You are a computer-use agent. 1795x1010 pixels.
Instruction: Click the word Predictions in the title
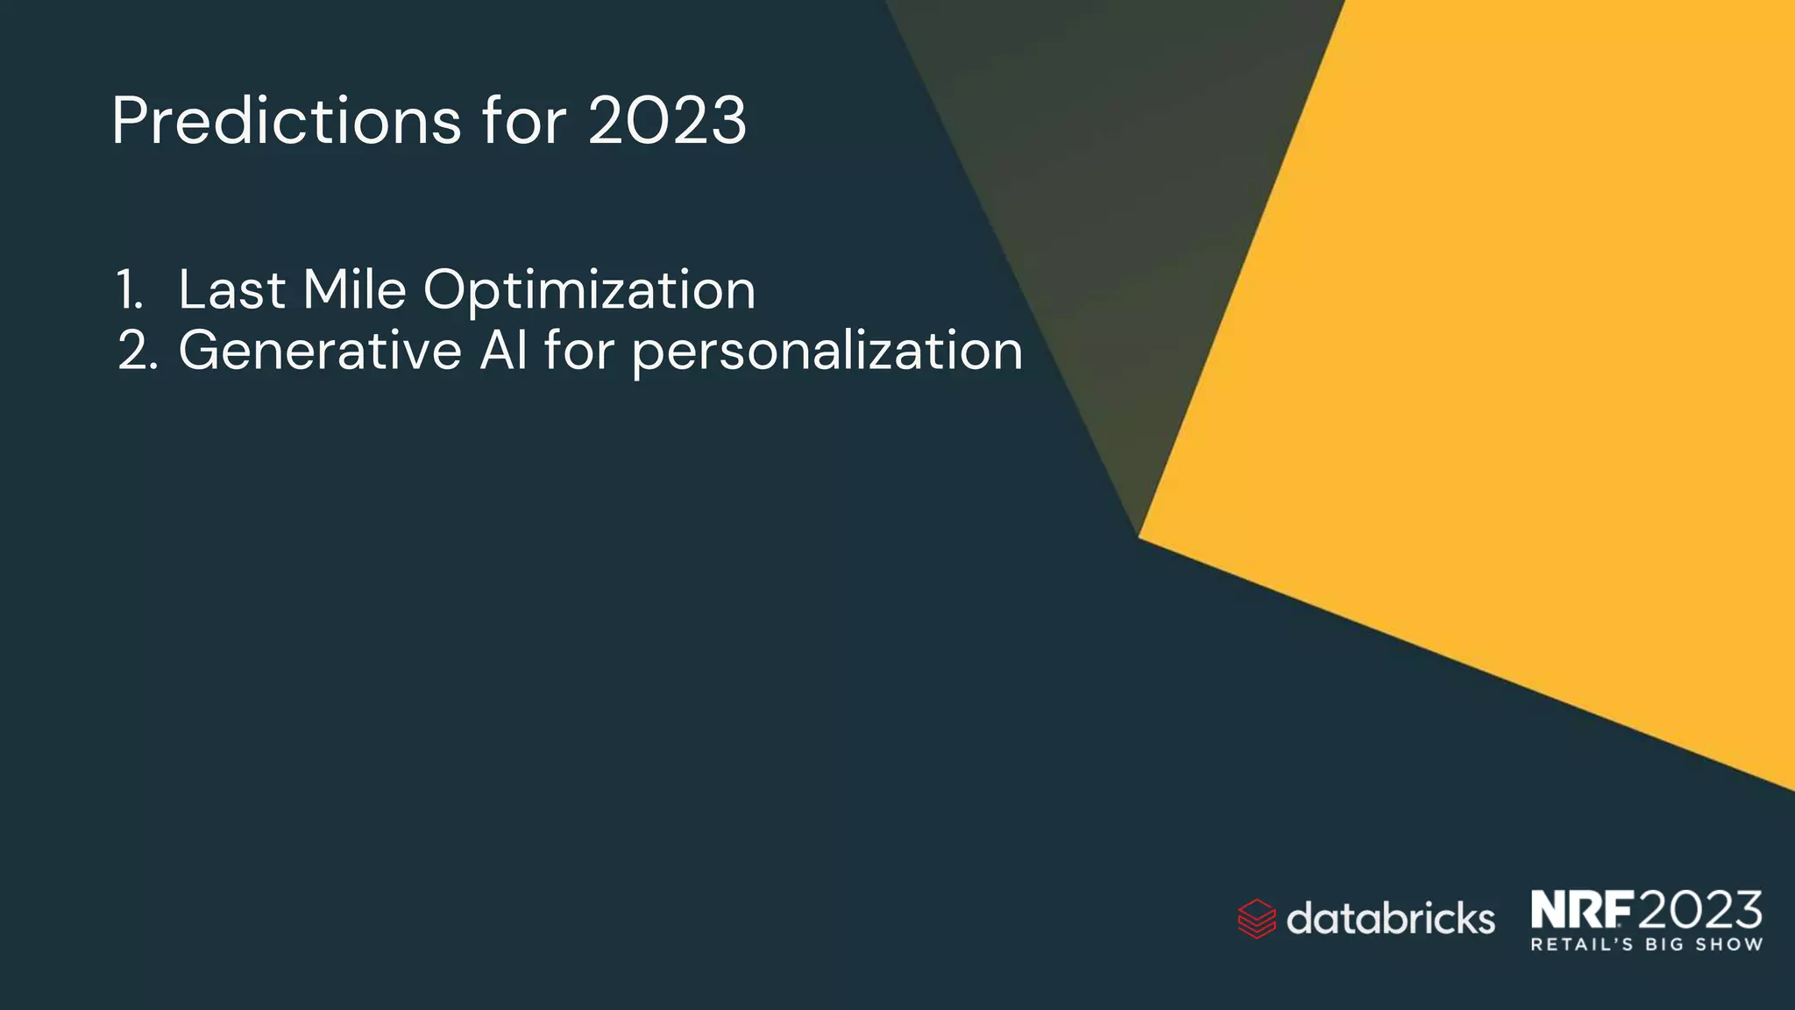[x=286, y=121]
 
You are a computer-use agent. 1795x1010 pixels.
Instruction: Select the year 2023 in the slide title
[x=667, y=121]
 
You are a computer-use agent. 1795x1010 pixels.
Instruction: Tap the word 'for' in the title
[x=523, y=121]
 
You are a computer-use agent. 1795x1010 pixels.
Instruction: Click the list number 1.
[x=129, y=290]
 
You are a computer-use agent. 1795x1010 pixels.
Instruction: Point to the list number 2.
[x=138, y=352]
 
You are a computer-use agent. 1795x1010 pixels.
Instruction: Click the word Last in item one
[x=231, y=290]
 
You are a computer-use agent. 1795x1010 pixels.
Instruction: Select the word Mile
[x=354, y=290]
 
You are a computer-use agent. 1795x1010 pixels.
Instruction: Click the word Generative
[x=320, y=352]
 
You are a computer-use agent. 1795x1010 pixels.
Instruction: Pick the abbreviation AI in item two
[x=503, y=352]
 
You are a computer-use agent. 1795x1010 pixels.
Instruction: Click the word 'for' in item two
[x=578, y=352]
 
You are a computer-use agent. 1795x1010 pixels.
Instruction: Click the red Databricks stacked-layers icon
[x=1256, y=919]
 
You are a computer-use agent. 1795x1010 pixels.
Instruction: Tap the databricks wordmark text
[x=1390, y=919]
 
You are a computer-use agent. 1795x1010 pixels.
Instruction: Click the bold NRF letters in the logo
[x=1582, y=910]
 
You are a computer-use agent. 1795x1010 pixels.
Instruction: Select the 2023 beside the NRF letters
[x=1699, y=910]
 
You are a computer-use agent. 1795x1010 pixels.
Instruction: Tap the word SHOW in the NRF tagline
[x=1728, y=945]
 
